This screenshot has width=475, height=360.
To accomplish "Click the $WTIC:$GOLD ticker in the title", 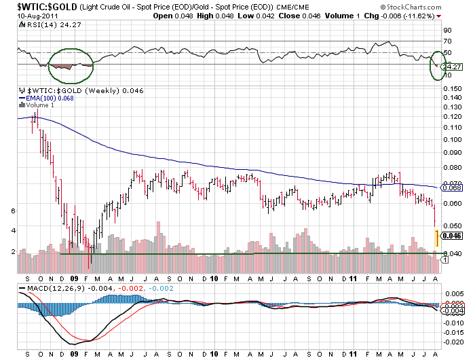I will click(x=32, y=5).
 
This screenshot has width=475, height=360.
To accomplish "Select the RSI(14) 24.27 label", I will click(x=43, y=24).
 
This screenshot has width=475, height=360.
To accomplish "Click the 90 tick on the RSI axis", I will click(x=448, y=31).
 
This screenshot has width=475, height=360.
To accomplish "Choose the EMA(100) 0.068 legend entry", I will click(x=48, y=98).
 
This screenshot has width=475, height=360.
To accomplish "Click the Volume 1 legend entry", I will click(x=39, y=105).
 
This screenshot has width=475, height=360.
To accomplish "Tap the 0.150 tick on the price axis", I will click(x=451, y=88).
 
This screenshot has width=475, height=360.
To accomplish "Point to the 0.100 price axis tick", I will click(x=451, y=140).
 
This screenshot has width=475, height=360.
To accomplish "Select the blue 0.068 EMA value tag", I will click(x=453, y=187).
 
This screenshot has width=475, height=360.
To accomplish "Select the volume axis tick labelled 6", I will click(x=14, y=211).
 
